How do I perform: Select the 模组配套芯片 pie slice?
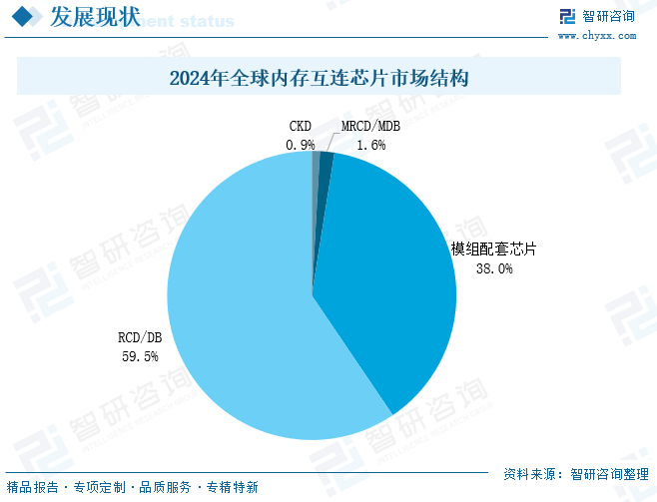coord(389,279)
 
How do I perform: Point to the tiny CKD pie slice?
coord(316,165)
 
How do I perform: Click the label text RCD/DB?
coord(139,338)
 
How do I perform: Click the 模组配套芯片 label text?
coord(493,249)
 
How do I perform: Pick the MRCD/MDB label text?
coord(370,127)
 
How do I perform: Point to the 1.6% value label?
coord(370,145)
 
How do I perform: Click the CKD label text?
coord(300,127)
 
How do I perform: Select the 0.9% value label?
coord(300,145)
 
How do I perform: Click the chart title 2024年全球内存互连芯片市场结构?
coord(319,78)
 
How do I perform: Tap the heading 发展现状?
coord(86,17)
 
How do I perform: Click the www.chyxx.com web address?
coord(596,35)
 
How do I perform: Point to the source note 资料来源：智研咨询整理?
coord(575,474)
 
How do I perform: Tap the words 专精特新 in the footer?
coord(232,488)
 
